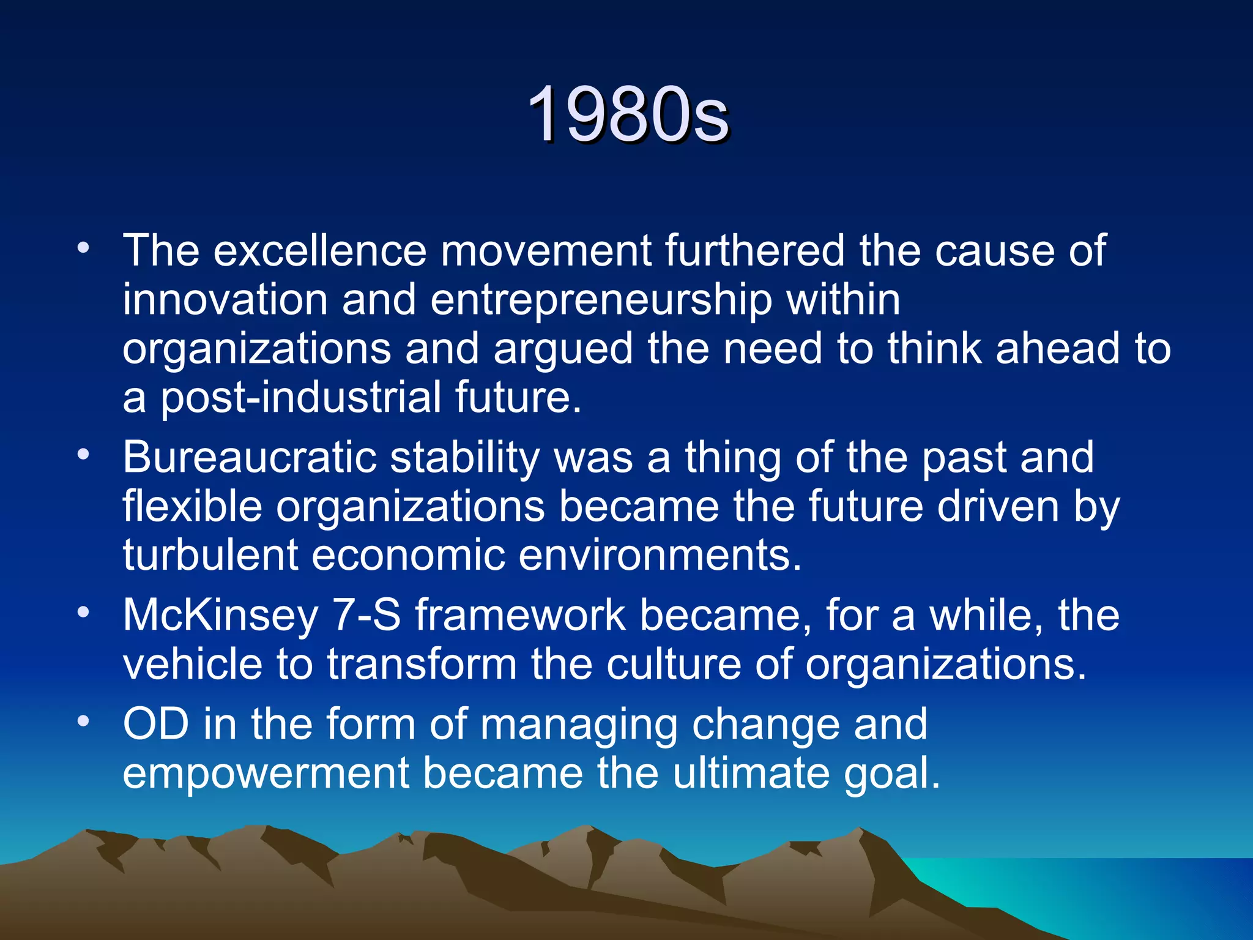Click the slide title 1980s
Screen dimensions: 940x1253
point(628,115)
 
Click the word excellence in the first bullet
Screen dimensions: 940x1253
point(319,251)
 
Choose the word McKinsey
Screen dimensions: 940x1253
point(220,616)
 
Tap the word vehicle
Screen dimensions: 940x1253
point(192,665)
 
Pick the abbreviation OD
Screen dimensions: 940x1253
point(156,725)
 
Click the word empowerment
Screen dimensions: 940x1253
point(266,774)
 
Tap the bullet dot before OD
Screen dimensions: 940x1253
point(84,722)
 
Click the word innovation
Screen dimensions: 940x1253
point(225,300)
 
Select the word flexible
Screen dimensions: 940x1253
point(192,507)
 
